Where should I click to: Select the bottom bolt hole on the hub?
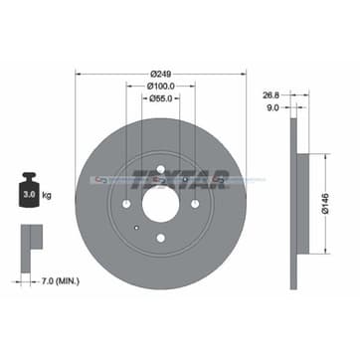coord(159,236)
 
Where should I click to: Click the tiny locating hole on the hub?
coord(136,226)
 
